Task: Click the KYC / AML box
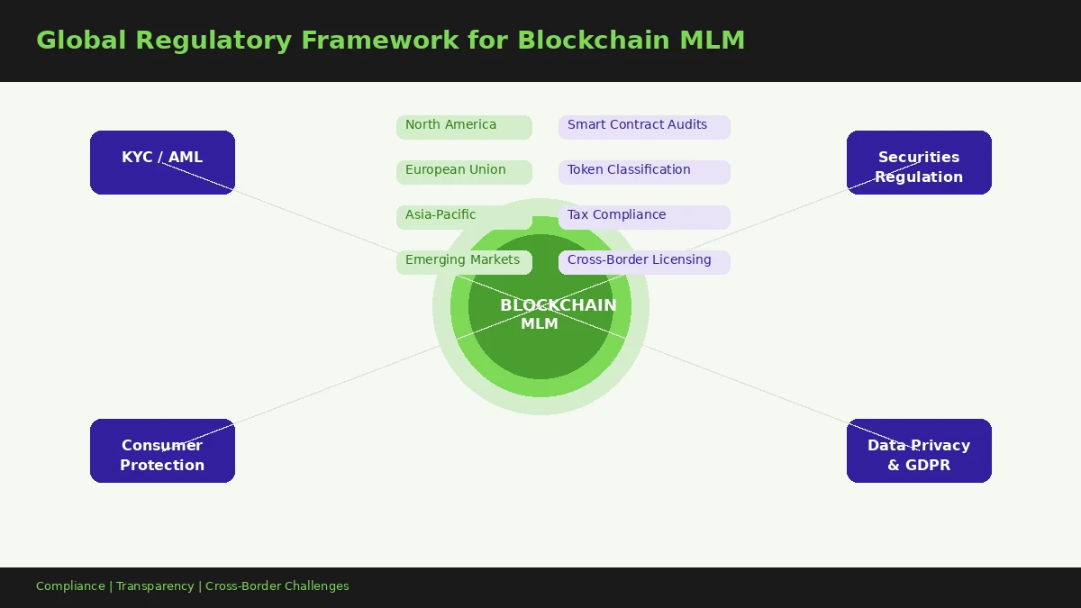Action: tap(162, 162)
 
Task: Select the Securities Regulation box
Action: tap(919, 162)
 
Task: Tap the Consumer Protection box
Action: tap(162, 450)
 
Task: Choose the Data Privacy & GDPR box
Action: tap(919, 450)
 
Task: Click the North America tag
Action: tap(464, 126)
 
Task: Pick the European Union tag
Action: tap(464, 171)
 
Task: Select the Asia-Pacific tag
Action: tap(464, 216)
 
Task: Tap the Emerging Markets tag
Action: tap(464, 261)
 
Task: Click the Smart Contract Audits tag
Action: tap(644, 126)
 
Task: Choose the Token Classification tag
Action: tap(644, 171)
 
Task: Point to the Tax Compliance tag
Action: tap(644, 216)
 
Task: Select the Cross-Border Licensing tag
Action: tap(644, 261)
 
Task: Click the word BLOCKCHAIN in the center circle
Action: tap(559, 305)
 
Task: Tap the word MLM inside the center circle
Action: tap(540, 324)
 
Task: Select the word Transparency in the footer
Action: tap(155, 586)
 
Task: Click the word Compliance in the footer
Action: tap(70, 586)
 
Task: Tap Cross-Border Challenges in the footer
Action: tap(277, 586)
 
